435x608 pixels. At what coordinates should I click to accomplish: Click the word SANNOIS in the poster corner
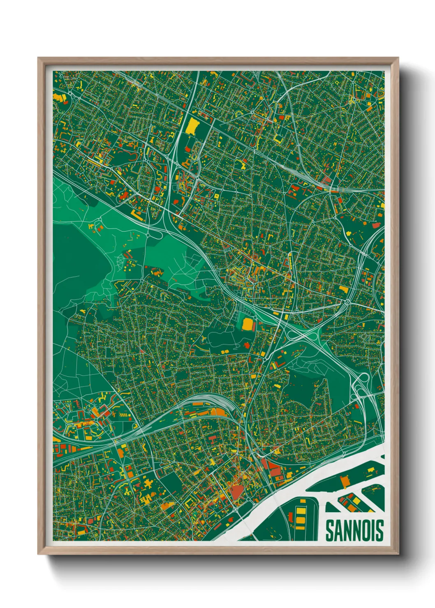[354, 530]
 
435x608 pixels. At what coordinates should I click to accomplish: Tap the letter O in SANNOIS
[364, 530]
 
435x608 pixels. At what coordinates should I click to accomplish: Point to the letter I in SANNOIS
[373, 530]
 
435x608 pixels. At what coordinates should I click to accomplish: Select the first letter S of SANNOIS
[330, 530]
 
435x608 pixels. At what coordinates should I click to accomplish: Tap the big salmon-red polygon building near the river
[236, 492]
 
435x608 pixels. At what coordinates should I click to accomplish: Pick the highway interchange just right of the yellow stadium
[302, 335]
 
